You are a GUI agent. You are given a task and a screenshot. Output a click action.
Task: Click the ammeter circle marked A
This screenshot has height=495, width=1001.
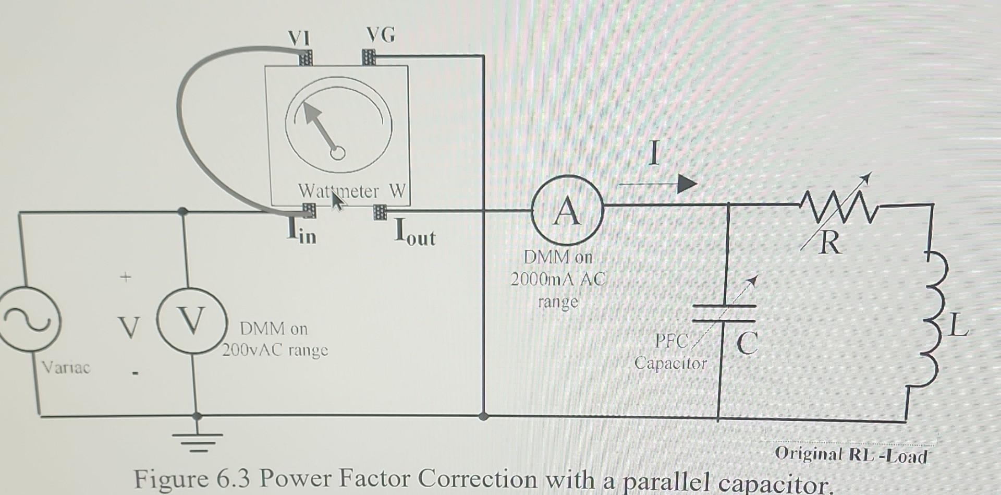click(x=567, y=211)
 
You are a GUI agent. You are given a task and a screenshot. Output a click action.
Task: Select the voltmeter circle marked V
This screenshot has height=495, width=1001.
click(x=191, y=321)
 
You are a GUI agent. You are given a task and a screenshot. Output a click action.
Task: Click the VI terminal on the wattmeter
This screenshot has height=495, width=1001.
click(x=306, y=57)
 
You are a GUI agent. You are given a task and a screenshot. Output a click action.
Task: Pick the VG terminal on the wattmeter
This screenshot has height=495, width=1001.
click(x=369, y=56)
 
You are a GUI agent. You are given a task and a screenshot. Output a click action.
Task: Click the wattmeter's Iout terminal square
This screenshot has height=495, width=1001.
click(x=380, y=212)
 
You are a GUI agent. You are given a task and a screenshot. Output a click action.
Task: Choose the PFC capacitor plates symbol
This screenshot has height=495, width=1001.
click(x=724, y=313)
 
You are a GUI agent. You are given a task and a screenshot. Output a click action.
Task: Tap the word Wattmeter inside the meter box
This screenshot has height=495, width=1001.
click(x=338, y=191)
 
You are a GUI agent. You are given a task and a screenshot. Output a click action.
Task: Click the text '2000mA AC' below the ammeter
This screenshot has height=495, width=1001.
click(x=557, y=280)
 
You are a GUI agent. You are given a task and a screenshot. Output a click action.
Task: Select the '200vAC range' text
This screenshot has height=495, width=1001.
click(x=275, y=350)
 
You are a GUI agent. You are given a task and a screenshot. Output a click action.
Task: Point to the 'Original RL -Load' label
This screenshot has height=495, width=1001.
click(x=851, y=455)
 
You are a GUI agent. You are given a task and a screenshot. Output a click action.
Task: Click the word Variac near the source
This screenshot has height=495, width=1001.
click(x=66, y=367)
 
